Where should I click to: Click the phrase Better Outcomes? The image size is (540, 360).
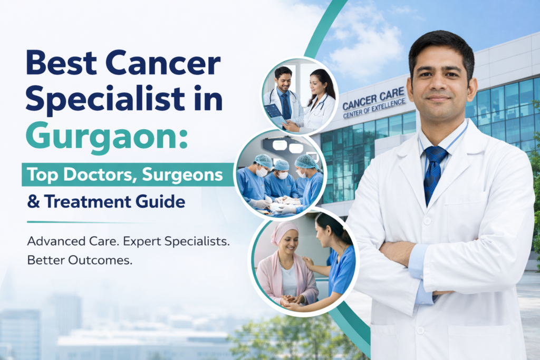point(79,261)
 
